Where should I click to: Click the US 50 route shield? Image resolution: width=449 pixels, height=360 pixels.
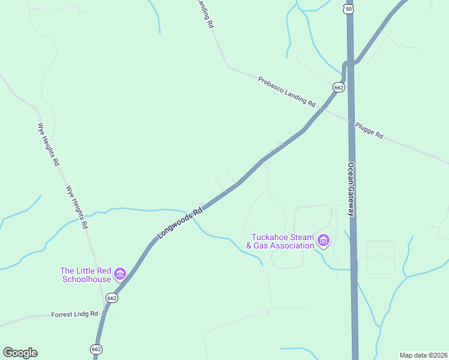(x=348, y=9)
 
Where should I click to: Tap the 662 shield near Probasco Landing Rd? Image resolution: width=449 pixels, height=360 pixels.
(x=339, y=88)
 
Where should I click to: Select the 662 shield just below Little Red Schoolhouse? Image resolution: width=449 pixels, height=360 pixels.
(x=112, y=298)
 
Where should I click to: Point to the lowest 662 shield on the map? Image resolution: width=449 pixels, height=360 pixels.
(x=97, y=349)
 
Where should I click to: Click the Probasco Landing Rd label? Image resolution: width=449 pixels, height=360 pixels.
(x=286, y=91)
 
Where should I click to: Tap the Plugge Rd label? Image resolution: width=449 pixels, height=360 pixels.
(x=369, y=130)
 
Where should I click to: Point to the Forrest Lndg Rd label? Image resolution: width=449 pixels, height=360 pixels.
(x=74, y=314)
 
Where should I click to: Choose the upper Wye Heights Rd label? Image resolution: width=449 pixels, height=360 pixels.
(x=49, y=144)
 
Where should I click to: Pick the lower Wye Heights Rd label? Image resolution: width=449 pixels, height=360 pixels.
(x=77, y=207)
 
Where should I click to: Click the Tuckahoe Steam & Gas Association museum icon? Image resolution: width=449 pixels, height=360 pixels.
(x=324, y=241)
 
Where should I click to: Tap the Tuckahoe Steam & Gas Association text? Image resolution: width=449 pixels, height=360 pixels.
(x=282, y=241)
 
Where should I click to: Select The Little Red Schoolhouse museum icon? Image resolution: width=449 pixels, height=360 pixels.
(x=120, y=275)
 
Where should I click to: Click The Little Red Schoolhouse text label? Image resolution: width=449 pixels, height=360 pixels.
(x=85, y=275)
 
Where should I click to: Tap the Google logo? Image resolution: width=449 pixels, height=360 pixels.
(x=20, y=353)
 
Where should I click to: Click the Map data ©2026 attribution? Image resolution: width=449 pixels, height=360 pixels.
(x=423, y=355)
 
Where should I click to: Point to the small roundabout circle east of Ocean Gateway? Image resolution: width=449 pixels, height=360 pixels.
(x=381, y=257)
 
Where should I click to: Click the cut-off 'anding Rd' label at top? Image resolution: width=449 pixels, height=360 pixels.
(x=203, y=13)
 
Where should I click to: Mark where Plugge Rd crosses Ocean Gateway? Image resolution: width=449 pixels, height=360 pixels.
(x=351, y=121)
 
